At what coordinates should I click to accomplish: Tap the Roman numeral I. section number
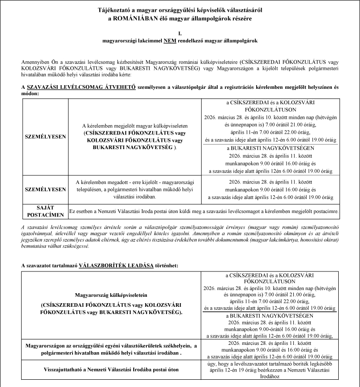[180, 33]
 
